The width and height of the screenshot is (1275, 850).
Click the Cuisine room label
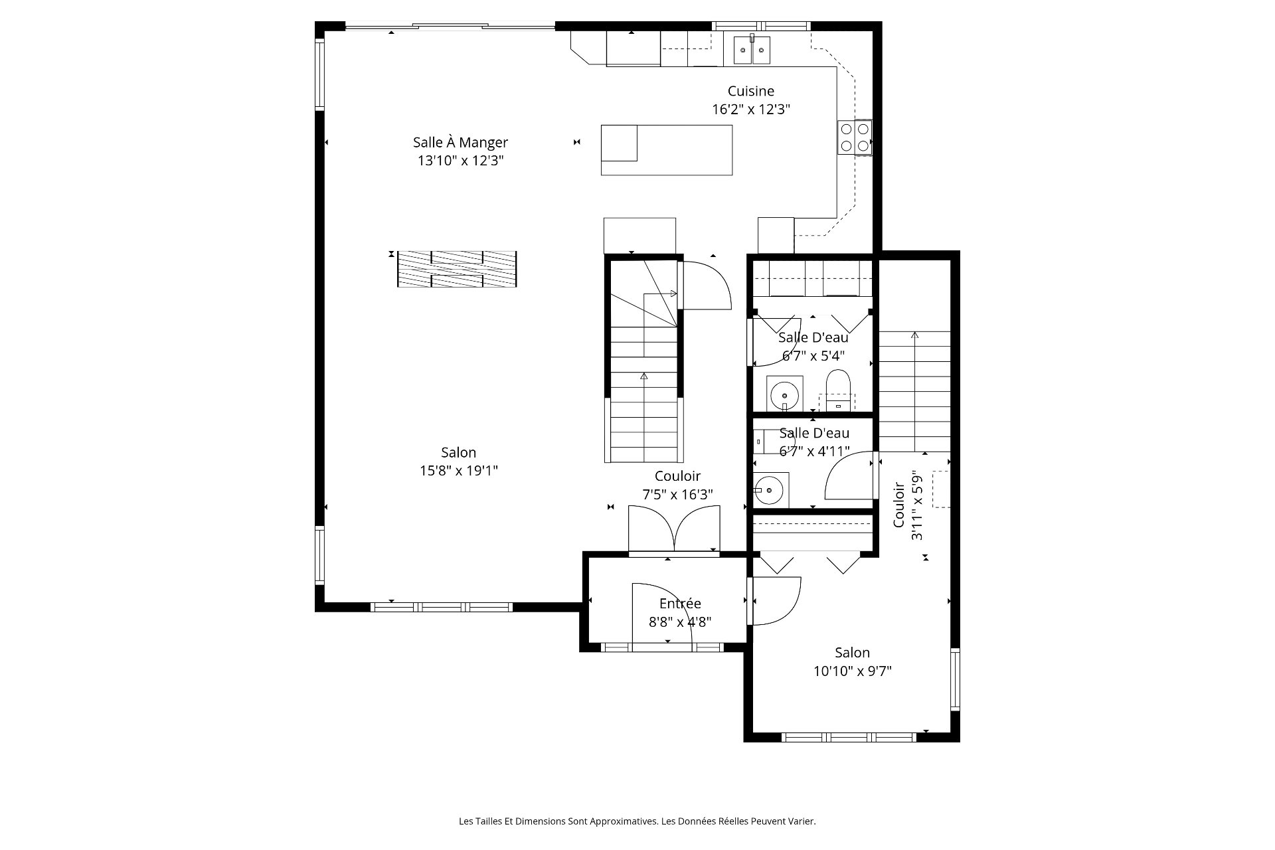tap(750, 91)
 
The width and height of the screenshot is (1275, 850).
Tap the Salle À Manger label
tap(460, 142)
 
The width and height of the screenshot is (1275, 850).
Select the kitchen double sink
tap(752, 50)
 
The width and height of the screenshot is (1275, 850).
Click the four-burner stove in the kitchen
tap(855, 137)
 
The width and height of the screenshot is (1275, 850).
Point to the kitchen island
tap(667, 150)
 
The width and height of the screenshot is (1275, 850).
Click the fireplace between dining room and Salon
tap(457, 269)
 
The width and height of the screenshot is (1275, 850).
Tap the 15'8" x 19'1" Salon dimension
tap(459, 471)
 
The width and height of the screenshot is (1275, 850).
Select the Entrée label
tap(680, 604)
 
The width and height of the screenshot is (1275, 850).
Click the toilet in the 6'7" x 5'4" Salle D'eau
tap(838, 388)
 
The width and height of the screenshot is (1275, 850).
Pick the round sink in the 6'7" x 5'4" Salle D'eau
tap(784, 395)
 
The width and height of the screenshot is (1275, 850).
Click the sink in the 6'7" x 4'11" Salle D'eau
tap(770, 491)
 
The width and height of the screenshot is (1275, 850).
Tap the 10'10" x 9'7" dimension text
tap(853, 671)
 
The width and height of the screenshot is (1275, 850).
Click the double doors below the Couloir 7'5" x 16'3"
tap(674, 529)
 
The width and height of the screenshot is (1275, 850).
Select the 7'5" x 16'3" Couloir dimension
tap(678, 495)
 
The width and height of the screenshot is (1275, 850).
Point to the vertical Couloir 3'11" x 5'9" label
tap(908, 505)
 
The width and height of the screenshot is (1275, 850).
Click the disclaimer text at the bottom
tap(637, 821)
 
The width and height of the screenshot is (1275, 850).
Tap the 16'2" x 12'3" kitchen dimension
tap(751, 110)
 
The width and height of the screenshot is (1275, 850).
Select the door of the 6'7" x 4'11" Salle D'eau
tap(849, 475)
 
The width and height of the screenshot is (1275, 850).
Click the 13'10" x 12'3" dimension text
tap(460, 161)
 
